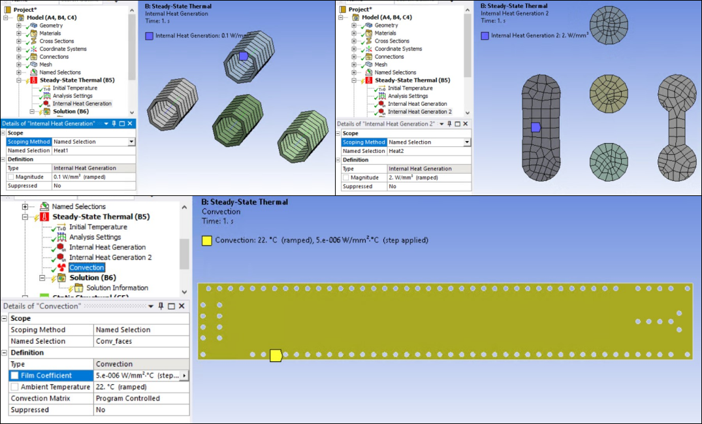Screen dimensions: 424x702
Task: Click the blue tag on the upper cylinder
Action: pos(243,56)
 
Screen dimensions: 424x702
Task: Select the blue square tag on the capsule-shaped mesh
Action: pos(535,127)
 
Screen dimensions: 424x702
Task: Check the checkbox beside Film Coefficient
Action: pos(14,376)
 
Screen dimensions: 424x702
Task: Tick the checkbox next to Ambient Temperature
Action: pos(14,387)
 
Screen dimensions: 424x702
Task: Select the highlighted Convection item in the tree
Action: pos(87,267)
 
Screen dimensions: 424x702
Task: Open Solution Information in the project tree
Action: pos(117,288)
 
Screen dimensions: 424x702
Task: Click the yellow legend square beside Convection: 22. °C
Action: pos(206,240)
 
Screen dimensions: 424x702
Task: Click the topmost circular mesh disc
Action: pos(608,25)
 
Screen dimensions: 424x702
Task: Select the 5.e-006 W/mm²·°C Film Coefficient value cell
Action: pos(136,376)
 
